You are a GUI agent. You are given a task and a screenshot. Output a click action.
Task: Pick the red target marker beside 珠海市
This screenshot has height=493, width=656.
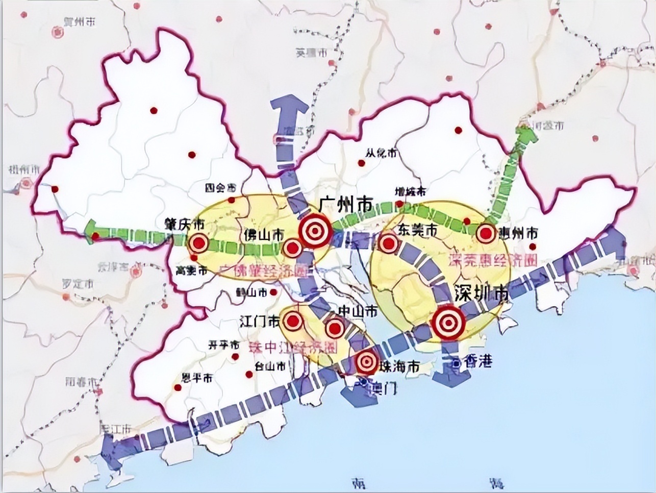[366, 362]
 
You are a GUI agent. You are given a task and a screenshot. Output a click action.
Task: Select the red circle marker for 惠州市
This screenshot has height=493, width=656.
[486, 234]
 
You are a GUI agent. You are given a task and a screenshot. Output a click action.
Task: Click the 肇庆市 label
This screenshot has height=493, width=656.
[185, 225]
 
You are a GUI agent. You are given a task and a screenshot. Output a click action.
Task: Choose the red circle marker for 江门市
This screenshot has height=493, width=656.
[293, 321]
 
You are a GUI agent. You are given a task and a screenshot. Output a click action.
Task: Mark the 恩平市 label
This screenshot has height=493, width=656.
[197, 379]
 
